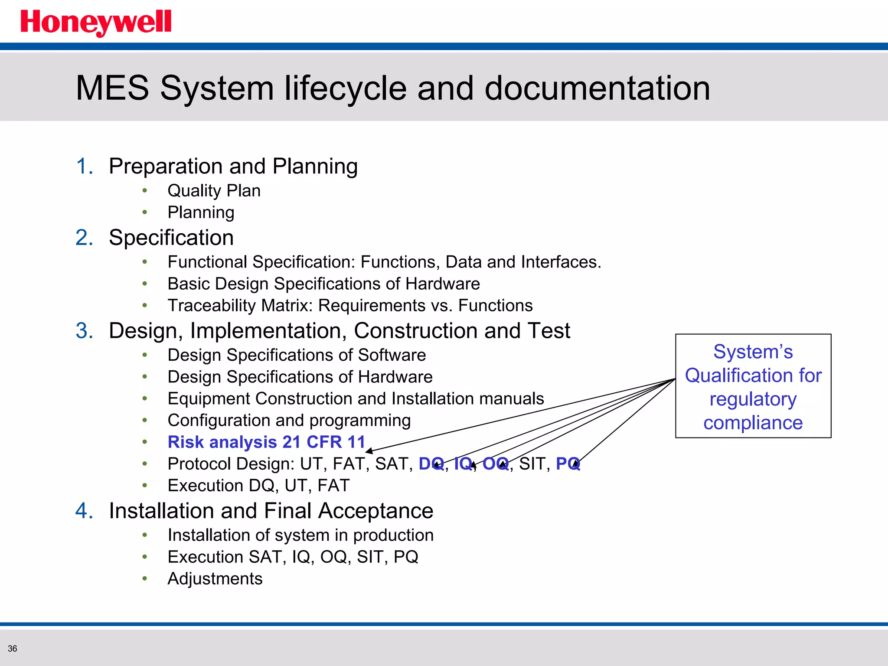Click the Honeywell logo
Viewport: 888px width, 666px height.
tap(96, 23)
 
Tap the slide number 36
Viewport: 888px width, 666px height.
tap(13, 649)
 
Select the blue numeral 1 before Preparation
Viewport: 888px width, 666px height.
tap(84, 166)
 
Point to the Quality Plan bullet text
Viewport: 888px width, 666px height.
tap(214, 191)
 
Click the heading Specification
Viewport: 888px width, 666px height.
tap(171, 238)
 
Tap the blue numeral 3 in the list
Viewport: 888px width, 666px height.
tap(84, 331)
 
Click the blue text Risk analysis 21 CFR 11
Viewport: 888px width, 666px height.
tap(266, 442)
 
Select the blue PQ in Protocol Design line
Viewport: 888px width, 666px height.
tap(568, 464)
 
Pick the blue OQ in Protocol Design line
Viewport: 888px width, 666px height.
tap(495, 464)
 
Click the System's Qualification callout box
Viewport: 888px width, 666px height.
tap(753, 386)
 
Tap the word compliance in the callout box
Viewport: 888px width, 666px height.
tap(753, 423)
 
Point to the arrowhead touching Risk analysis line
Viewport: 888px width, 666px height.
tap(369, 451)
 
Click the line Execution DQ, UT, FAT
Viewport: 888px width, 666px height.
tap(258, 486)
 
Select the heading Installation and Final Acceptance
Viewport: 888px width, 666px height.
tap(271, 511)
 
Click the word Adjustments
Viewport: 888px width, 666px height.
tap(215, 579)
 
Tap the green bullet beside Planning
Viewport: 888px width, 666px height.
tap(145, 212)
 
